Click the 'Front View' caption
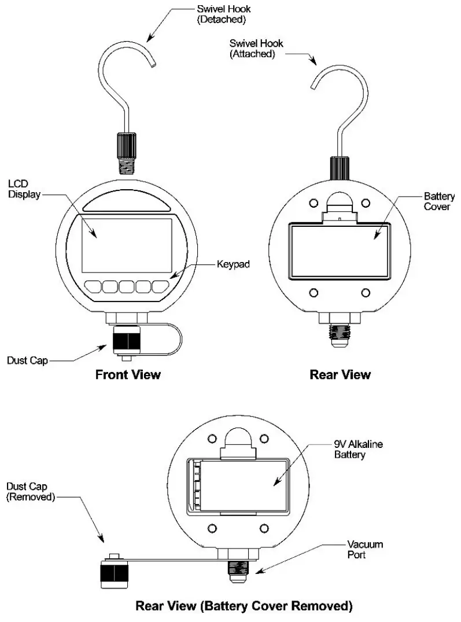coord(127,374)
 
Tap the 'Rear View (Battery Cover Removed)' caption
coord(244,606)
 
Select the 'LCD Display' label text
coord(24,189)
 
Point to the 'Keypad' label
coord(234,266)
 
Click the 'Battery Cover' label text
coord(439,201)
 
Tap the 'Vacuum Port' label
coord(365,550)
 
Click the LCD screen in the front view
coord(127,245)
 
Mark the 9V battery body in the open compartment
coord(243,485)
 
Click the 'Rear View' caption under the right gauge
coord(340,374)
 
